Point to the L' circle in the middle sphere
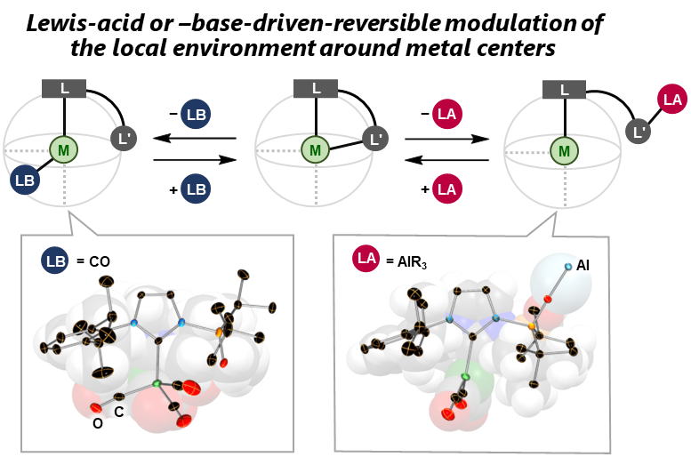click(374, 137)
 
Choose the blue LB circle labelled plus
click(196, 188)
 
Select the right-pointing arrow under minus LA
click(446, 139)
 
